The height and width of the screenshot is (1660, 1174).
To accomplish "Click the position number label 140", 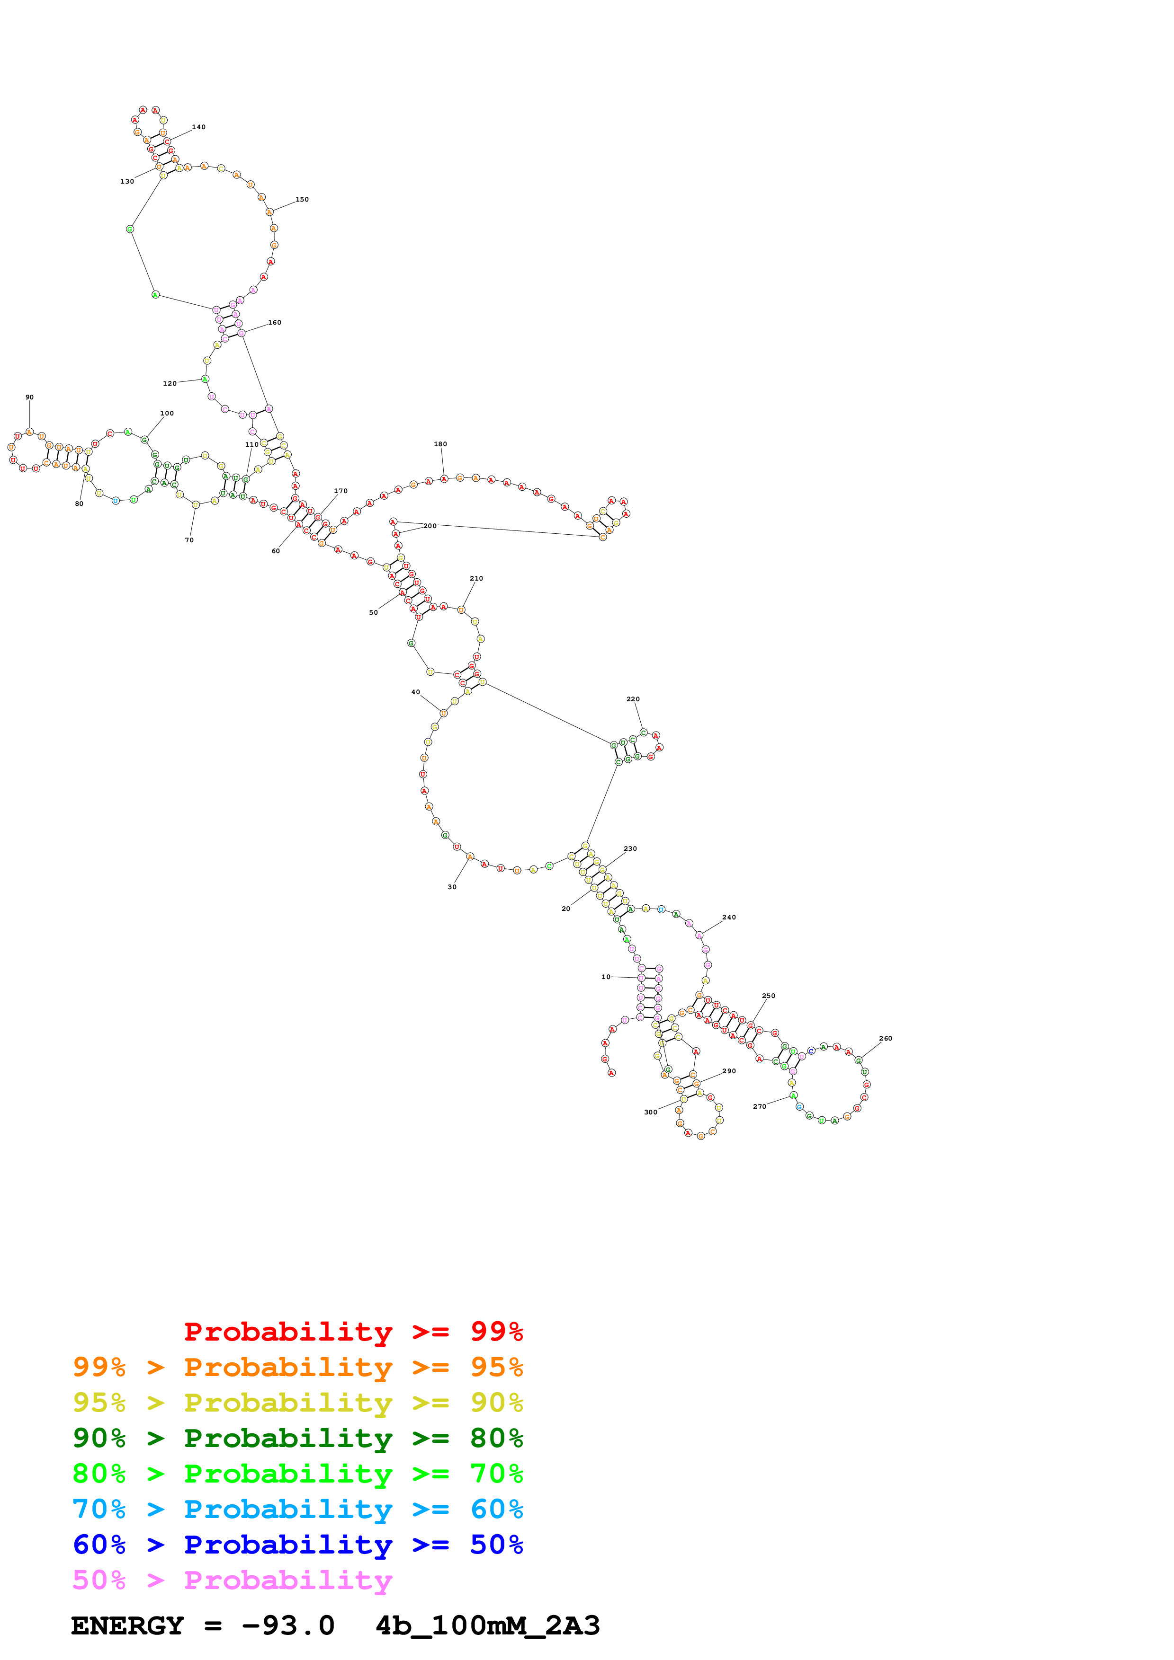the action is (x=198, y=127).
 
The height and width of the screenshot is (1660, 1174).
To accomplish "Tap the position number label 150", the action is (x=302, y=200).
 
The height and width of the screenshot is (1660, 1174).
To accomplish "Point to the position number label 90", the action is (x=30, y=397).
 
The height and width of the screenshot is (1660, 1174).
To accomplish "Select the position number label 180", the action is (x=440, y=444).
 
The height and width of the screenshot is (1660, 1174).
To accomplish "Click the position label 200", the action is (x=430, y=526).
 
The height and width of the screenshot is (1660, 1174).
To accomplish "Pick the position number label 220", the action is (x=633, y=699).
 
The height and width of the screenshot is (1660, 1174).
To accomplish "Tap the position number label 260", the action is (x=886, y=1038).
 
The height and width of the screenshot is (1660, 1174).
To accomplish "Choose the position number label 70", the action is (x=189, y=540).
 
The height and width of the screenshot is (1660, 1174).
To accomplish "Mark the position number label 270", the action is (x=760, y=1106).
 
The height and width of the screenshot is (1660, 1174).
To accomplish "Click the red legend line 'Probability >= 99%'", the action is (x=353, y=1332).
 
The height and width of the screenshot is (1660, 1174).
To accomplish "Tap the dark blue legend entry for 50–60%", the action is (x=297, y=1545).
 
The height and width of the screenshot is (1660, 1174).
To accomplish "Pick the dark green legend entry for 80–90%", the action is (x=297, y=1438).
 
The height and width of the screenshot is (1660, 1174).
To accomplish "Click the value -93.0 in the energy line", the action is (x=288, y=1626).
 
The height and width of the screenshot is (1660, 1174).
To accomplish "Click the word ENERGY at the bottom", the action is (x=127, y=1626).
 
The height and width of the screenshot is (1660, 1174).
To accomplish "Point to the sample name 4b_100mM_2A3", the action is (x=487, y=1626).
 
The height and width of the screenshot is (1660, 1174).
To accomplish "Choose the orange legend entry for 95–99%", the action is (x=297, y=1367).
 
